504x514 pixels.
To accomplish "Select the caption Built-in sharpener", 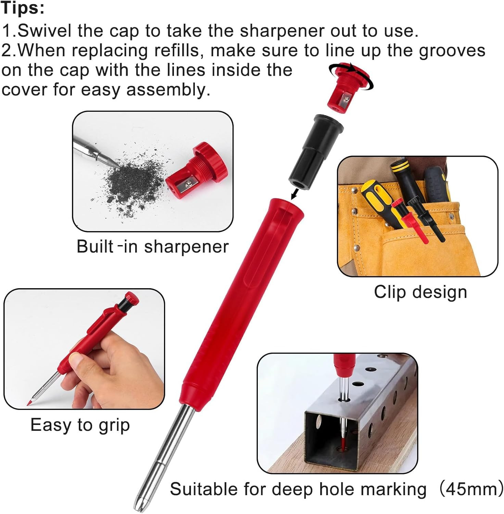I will (x=152, y=247).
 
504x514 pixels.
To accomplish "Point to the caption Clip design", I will (x=420, y=292).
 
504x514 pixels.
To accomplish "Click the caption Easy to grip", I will (x=80, y=425).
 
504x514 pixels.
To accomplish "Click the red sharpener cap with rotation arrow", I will (x=346, y=87).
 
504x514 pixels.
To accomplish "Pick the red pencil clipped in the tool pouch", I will (x=411, y=223).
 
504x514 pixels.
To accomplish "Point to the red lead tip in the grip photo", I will (x=29, y=403).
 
